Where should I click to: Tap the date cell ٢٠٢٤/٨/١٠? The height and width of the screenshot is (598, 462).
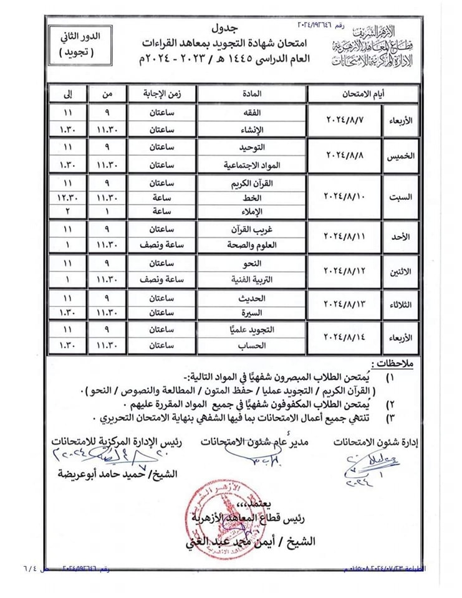[345, 196]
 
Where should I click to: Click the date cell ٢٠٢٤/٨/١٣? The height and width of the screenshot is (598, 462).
[345, 305]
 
